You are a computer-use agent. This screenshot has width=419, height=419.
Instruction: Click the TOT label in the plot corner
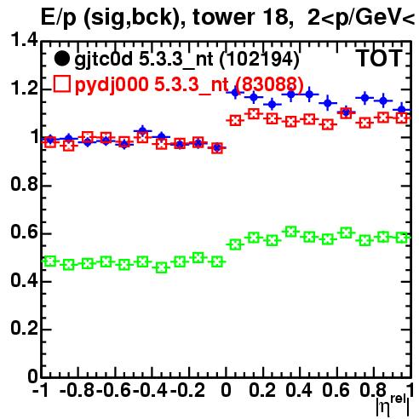coord(379,59)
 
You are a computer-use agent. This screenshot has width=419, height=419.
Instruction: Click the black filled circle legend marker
coord(61,59)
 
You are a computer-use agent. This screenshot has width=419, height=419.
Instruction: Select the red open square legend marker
coord(61,83)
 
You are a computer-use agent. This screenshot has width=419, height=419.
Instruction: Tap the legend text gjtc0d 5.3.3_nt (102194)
coord(187,60)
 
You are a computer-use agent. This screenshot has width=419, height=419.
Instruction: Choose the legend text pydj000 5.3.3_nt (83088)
coord(189,84)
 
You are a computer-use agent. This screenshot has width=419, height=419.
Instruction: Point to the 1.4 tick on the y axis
coord(24,41)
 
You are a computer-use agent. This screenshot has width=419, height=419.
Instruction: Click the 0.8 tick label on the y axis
coord(24,184)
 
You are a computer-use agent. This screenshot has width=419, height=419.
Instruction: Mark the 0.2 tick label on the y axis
coord(24,328)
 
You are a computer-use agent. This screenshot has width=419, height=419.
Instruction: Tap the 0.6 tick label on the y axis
coord(24,232)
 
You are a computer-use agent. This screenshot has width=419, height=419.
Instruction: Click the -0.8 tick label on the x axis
coord(77,390)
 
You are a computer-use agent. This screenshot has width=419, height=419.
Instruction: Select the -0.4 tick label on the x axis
coord(150,390)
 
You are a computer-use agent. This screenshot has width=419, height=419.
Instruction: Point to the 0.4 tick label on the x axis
coord(299,390)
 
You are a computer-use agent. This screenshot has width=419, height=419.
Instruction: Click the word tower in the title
coord(223,17)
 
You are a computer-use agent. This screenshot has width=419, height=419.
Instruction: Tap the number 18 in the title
coord(275,17)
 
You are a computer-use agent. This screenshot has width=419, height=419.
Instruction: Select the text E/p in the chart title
coord(59,18)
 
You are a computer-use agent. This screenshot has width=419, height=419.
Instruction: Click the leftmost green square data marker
coord(50,261)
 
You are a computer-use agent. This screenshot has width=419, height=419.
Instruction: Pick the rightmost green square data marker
coord(401,238)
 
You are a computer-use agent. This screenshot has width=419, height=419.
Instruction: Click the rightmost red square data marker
coord(401,118)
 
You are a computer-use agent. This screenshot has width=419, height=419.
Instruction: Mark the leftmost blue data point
coord(50,140)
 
